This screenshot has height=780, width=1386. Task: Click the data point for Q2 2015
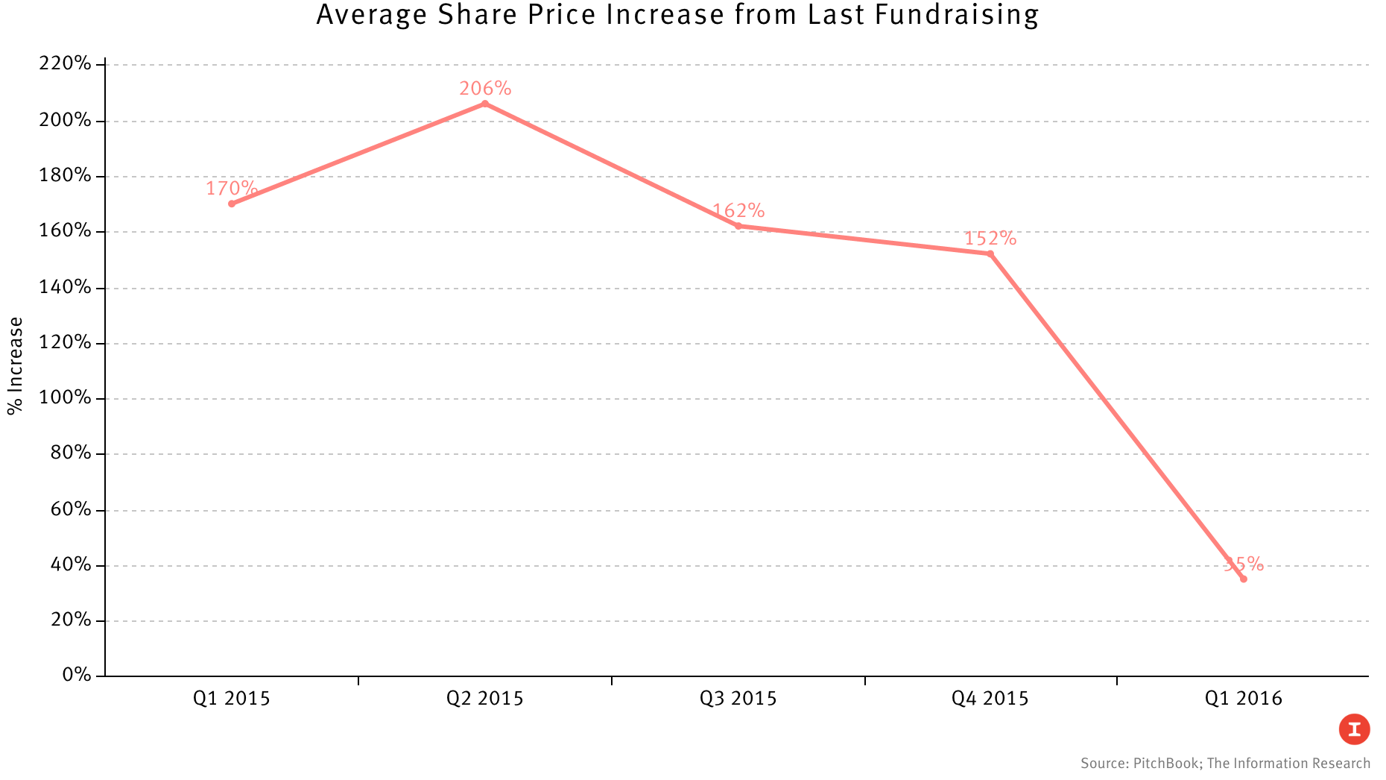(485, 104)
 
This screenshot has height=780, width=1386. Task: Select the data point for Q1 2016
(1243, 579)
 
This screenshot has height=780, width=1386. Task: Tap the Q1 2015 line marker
(232, 204)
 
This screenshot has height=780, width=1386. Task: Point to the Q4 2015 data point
(990, 254)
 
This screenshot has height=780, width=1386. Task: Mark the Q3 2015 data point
(738, 226)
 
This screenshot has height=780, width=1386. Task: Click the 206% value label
(485, 89)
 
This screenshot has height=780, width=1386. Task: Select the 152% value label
(990, 239)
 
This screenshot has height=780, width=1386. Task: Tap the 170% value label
(232, 188)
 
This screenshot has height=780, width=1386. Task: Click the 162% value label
(738, 211)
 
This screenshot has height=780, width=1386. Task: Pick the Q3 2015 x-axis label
(738, 699)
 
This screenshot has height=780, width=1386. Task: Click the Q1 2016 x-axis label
(1243, 699)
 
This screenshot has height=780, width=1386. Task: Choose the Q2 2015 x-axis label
(485, 699)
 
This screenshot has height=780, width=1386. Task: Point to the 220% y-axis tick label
(65, 63)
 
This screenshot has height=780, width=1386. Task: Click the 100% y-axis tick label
(65, 397)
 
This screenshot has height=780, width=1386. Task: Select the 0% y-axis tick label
(77, 675)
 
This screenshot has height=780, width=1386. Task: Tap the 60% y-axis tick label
(71, 509)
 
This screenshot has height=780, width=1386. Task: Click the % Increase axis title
(16, 365)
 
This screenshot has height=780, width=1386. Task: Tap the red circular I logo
(1354, 729)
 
